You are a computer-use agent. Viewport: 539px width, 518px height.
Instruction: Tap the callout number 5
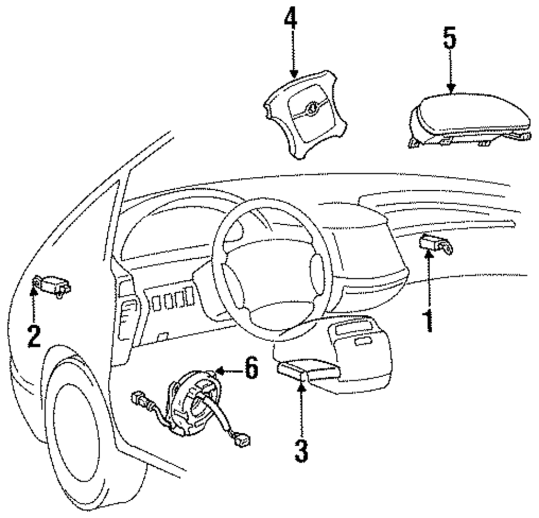pyautogui.click(x=450, y=39)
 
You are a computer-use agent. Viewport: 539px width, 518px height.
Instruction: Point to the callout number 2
pyautogui.click(x=33, y=335)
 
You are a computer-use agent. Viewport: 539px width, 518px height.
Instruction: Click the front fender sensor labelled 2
pyautogui.click(x=52, y=285)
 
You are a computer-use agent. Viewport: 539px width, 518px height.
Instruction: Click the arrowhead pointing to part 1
pyautogui.click(x=429, y=255)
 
